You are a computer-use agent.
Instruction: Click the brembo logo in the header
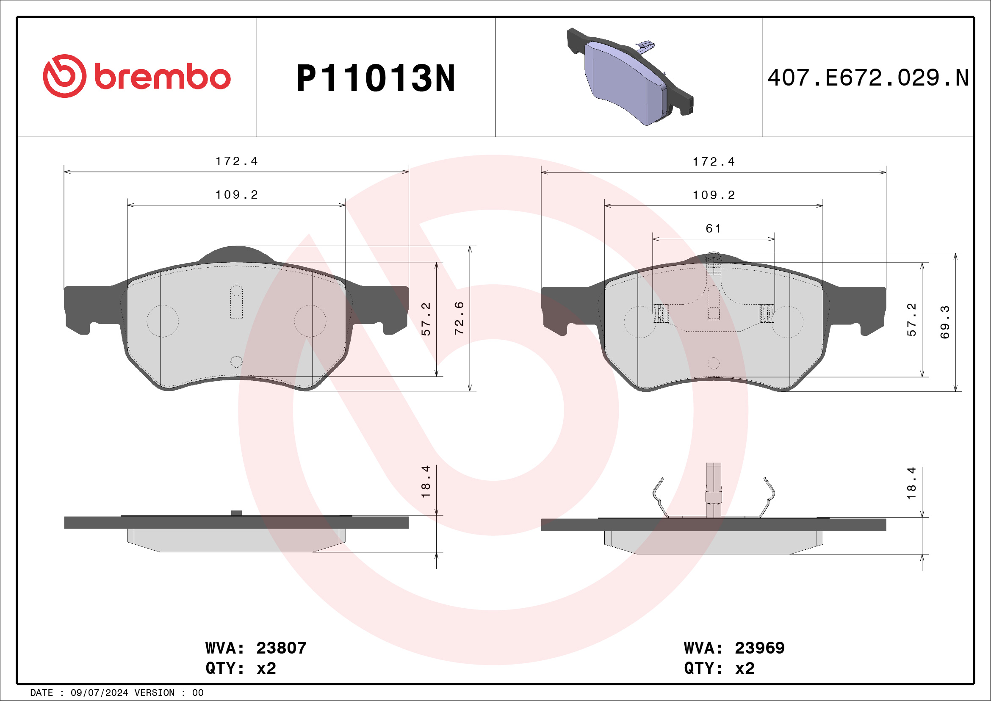point(136,76)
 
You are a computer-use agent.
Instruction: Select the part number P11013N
point(376,78)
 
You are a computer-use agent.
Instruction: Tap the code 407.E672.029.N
point(868,78)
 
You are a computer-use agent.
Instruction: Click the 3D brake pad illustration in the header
point(630,77)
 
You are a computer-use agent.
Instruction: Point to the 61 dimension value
point(713,228)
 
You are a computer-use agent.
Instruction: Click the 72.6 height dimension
point(459,318)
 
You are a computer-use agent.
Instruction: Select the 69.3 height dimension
point(945,321)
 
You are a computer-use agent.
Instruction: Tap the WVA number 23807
point(281,648)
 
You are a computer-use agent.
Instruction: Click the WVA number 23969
point(760,648)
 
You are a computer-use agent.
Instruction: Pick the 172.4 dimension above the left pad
point(237,161)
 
